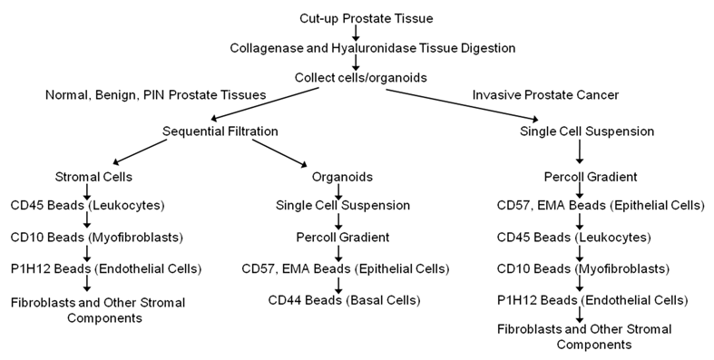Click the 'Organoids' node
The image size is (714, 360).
click(337, 175)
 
